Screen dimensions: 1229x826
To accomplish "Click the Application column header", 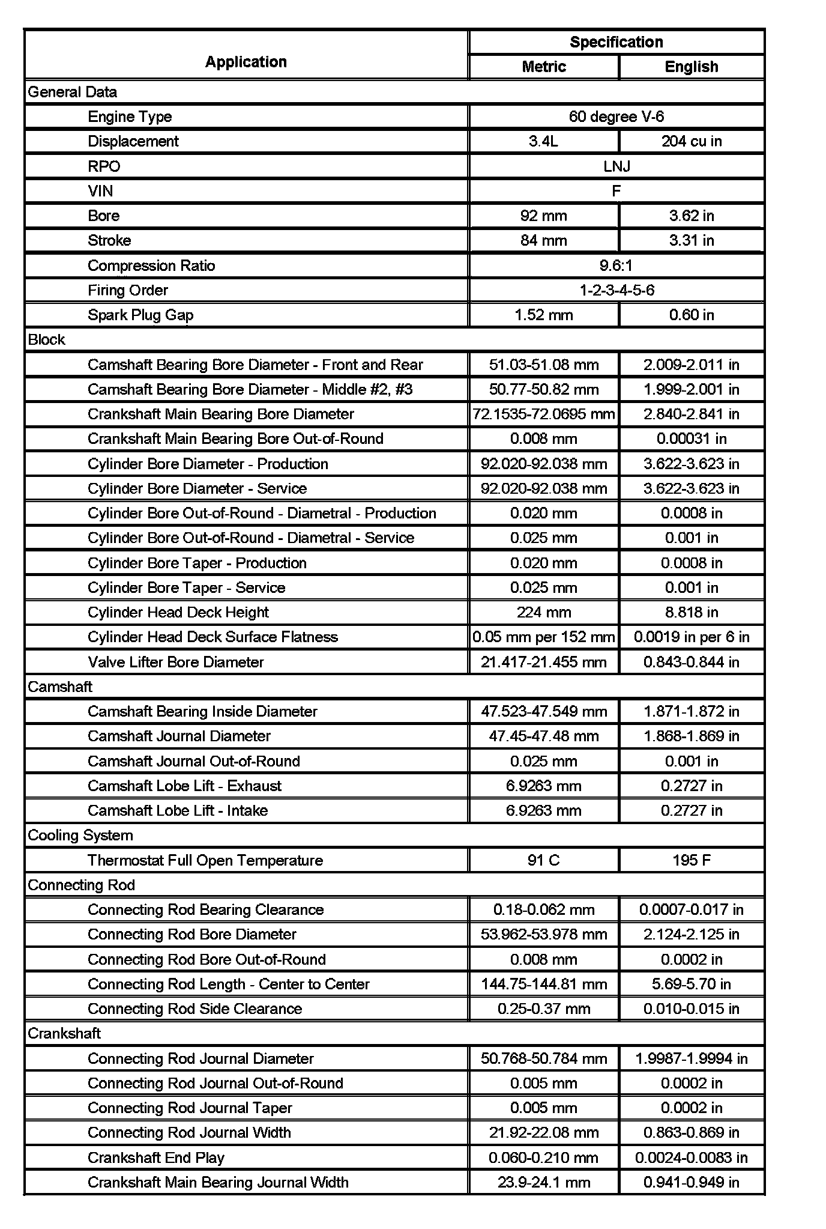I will tap(246, 62).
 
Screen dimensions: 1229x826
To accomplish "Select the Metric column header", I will tap(543, 67).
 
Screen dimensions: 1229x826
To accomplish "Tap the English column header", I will tap(691, 67).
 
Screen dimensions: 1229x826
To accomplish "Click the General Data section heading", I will tap(73, 92).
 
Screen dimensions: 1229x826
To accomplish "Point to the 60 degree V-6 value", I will tap(616, 117).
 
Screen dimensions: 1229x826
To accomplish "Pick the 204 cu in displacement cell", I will tap(691, 141).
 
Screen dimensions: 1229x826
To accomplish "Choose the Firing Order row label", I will tap(128, 290).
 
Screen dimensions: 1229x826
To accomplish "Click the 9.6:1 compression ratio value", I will tap(616, 266).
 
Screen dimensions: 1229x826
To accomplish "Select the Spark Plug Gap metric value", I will tap(543, 315).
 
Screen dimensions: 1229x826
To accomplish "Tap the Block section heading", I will tap(47, 339).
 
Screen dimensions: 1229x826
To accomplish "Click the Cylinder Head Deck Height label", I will tap(178, 612).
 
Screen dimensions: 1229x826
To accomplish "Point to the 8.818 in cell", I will tap(691, 612).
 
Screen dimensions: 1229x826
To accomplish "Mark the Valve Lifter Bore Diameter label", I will tap(176, 662).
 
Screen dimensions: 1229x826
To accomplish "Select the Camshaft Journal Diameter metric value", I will tap(543, 736).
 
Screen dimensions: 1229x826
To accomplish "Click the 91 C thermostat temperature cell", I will tap(543, 860).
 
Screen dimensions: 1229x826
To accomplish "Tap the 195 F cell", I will tap(691, 860).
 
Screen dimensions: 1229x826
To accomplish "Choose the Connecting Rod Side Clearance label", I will tap(194, 1009).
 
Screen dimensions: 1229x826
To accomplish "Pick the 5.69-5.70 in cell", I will tap(691, 984).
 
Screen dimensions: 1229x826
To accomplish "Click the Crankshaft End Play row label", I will tap(156, 1158).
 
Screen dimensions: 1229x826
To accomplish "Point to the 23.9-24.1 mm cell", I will tap(543, 1182).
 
